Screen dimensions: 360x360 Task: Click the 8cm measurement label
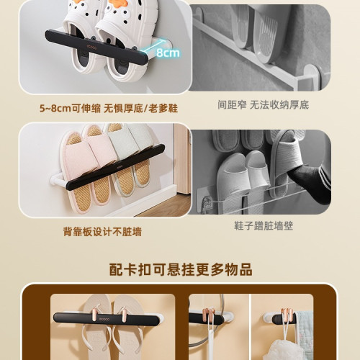pyautogui.click(x=168, y=53)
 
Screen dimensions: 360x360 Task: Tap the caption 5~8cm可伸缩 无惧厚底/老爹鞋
pyautogui.click(x=109, y=109)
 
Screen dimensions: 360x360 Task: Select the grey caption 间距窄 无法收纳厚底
pyautogui.click(x=263, y=105)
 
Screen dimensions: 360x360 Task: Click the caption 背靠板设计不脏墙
pyautogui.click(x=102, y=232)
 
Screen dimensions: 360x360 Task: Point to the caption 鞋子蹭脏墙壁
pyautogui.click(x=264, y=226)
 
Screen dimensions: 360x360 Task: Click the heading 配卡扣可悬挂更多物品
pyautogui.click(x=181, y=269)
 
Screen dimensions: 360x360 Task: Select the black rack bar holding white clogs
pyautogui.click(x=96, y=47)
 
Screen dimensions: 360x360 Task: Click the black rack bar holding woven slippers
pyautogui.click(x=115, y=167)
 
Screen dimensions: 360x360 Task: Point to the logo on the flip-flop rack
pyautogui.click(x=104, y=319)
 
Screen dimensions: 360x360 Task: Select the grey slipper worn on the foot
pyautogui.click(x=283, y=163)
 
